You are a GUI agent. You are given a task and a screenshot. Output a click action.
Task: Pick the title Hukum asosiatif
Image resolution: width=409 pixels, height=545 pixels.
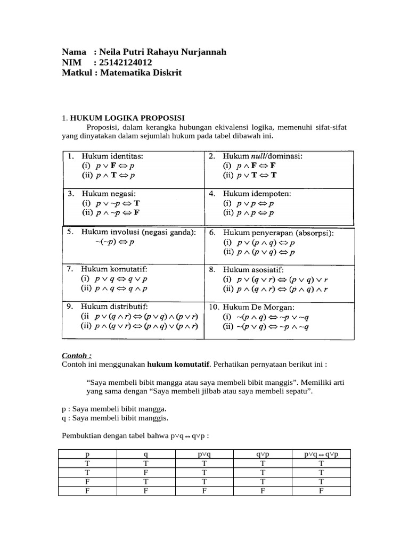(254, 270)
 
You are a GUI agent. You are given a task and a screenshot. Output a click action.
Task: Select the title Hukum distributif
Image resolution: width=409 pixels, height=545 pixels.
(114, 307)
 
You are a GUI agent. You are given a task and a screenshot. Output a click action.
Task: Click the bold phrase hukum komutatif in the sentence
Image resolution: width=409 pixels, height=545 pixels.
(179, 365)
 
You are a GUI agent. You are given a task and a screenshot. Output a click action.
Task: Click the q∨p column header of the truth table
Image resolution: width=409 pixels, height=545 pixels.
(263, 454)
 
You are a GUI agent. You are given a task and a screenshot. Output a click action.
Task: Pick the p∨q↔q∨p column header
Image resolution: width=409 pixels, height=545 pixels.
(321, 454)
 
